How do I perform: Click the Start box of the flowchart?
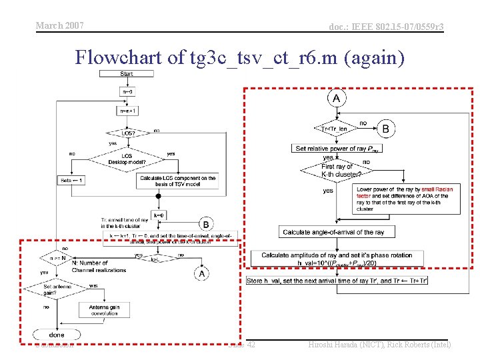[x=127, y=74]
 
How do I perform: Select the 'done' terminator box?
[x=57, y=334]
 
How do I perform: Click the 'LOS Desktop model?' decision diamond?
[x=127, y=158]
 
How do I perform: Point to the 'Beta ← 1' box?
[x=71, y=180]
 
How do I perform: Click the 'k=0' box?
[x=159, y=215]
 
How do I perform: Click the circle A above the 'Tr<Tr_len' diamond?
[x=337, y=99]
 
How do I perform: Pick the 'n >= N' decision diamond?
[x=56, y=257]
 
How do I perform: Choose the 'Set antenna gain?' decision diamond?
[x=56, y=289]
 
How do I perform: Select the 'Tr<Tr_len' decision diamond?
[x=334, y=129]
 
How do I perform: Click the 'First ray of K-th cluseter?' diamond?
[x=336, y=170]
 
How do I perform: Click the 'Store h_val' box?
[x=337, y=281]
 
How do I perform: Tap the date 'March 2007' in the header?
[x=59, y=25]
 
